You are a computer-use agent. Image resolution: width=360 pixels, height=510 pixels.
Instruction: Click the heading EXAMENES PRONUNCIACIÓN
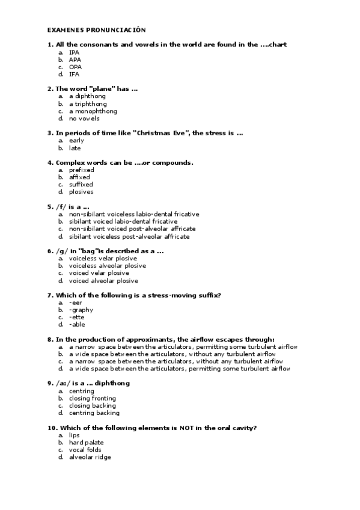coord(96,29)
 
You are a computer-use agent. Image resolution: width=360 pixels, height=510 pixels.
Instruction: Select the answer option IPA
coord(74,52)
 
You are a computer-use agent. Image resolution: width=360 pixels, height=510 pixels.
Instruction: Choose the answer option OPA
coord(75,67)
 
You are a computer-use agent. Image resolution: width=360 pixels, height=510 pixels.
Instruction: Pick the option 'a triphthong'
coord(88,104)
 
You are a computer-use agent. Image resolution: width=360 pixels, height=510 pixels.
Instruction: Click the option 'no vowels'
coord(84,118)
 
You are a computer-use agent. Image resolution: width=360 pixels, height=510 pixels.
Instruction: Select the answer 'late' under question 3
coord(75,148)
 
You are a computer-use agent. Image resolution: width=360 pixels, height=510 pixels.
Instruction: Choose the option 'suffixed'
coord(81,185)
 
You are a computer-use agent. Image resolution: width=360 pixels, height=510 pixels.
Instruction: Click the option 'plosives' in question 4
coord(81,192)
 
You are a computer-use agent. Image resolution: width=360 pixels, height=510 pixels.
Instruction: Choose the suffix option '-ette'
coord(76,317)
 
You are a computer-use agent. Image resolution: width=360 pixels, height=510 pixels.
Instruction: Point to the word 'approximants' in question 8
coord(138,339)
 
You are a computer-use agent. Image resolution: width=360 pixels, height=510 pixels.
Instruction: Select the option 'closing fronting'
coord(93,398)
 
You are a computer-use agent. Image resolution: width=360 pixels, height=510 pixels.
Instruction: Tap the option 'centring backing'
coord(94,413)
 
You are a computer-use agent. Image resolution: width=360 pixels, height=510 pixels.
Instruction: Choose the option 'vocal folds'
coord(85,449)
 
